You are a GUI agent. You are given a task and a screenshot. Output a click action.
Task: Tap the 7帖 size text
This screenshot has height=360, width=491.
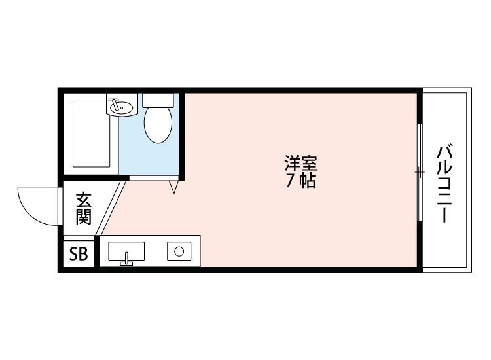coord(300,181)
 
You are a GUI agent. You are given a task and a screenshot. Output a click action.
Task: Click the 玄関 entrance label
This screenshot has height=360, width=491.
coord(82,208)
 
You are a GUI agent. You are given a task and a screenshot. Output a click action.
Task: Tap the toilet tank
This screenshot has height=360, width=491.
coord(158,100)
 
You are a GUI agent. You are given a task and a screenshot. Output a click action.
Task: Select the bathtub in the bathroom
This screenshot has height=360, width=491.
coord(91,134)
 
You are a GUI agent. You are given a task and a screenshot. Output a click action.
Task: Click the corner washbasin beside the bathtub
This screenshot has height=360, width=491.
coord(120,105)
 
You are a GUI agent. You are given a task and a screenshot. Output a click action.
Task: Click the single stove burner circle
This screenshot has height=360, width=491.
coord(178,251)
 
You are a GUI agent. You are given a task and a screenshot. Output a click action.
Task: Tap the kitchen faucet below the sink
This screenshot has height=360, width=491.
coord(126,262)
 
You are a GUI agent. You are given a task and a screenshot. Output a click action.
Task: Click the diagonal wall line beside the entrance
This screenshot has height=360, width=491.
coord(111,208)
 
